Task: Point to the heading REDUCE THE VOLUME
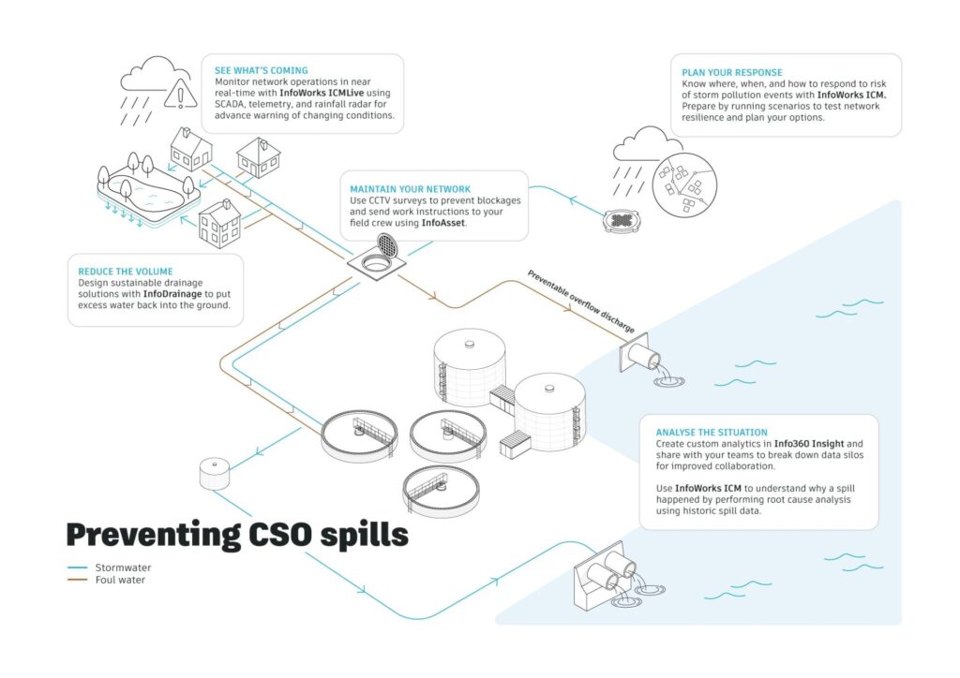(x=126, y=272)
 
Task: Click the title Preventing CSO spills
(x=237, y=534)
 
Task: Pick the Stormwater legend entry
(x=123, y=567)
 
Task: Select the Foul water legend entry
(x=121, y=580)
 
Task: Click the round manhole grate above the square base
(x=385, y=246)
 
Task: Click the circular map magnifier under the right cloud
(x=683, y=185)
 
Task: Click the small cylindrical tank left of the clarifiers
(x=215, y=472)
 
